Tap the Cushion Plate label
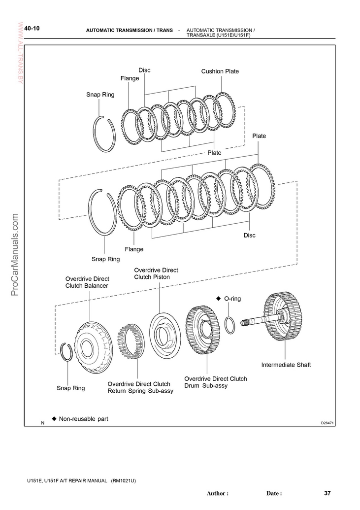[220, 71]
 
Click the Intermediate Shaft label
[286, 365]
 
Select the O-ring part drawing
[230, 326]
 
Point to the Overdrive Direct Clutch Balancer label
[87, 282]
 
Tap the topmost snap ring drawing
[104, 134]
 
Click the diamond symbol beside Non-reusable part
[54, 419]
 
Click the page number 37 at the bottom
[327, 493]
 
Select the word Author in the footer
[217, 493]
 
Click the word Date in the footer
[274, 493]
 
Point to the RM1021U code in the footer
[123, 480]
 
